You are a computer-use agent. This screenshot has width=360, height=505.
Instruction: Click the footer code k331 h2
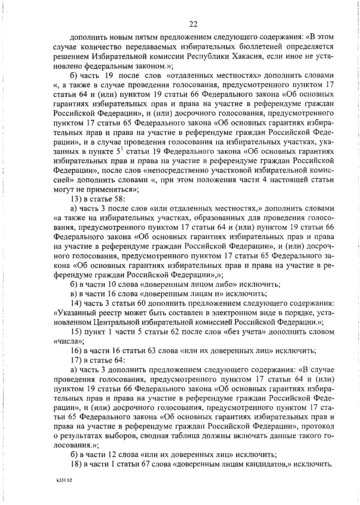[64, 480]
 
